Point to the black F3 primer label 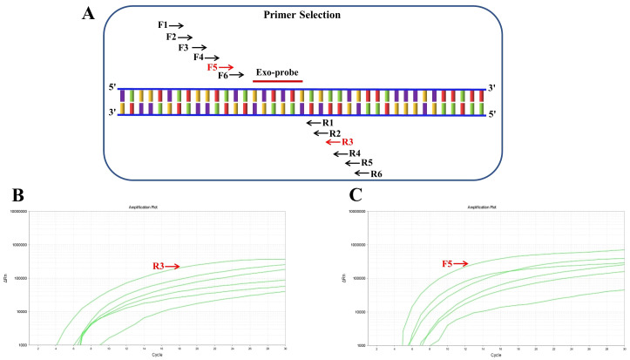183,47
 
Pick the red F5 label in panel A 213,67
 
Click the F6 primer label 223,77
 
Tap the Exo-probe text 277,70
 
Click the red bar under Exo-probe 277,80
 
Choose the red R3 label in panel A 348,142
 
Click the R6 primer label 376,173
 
